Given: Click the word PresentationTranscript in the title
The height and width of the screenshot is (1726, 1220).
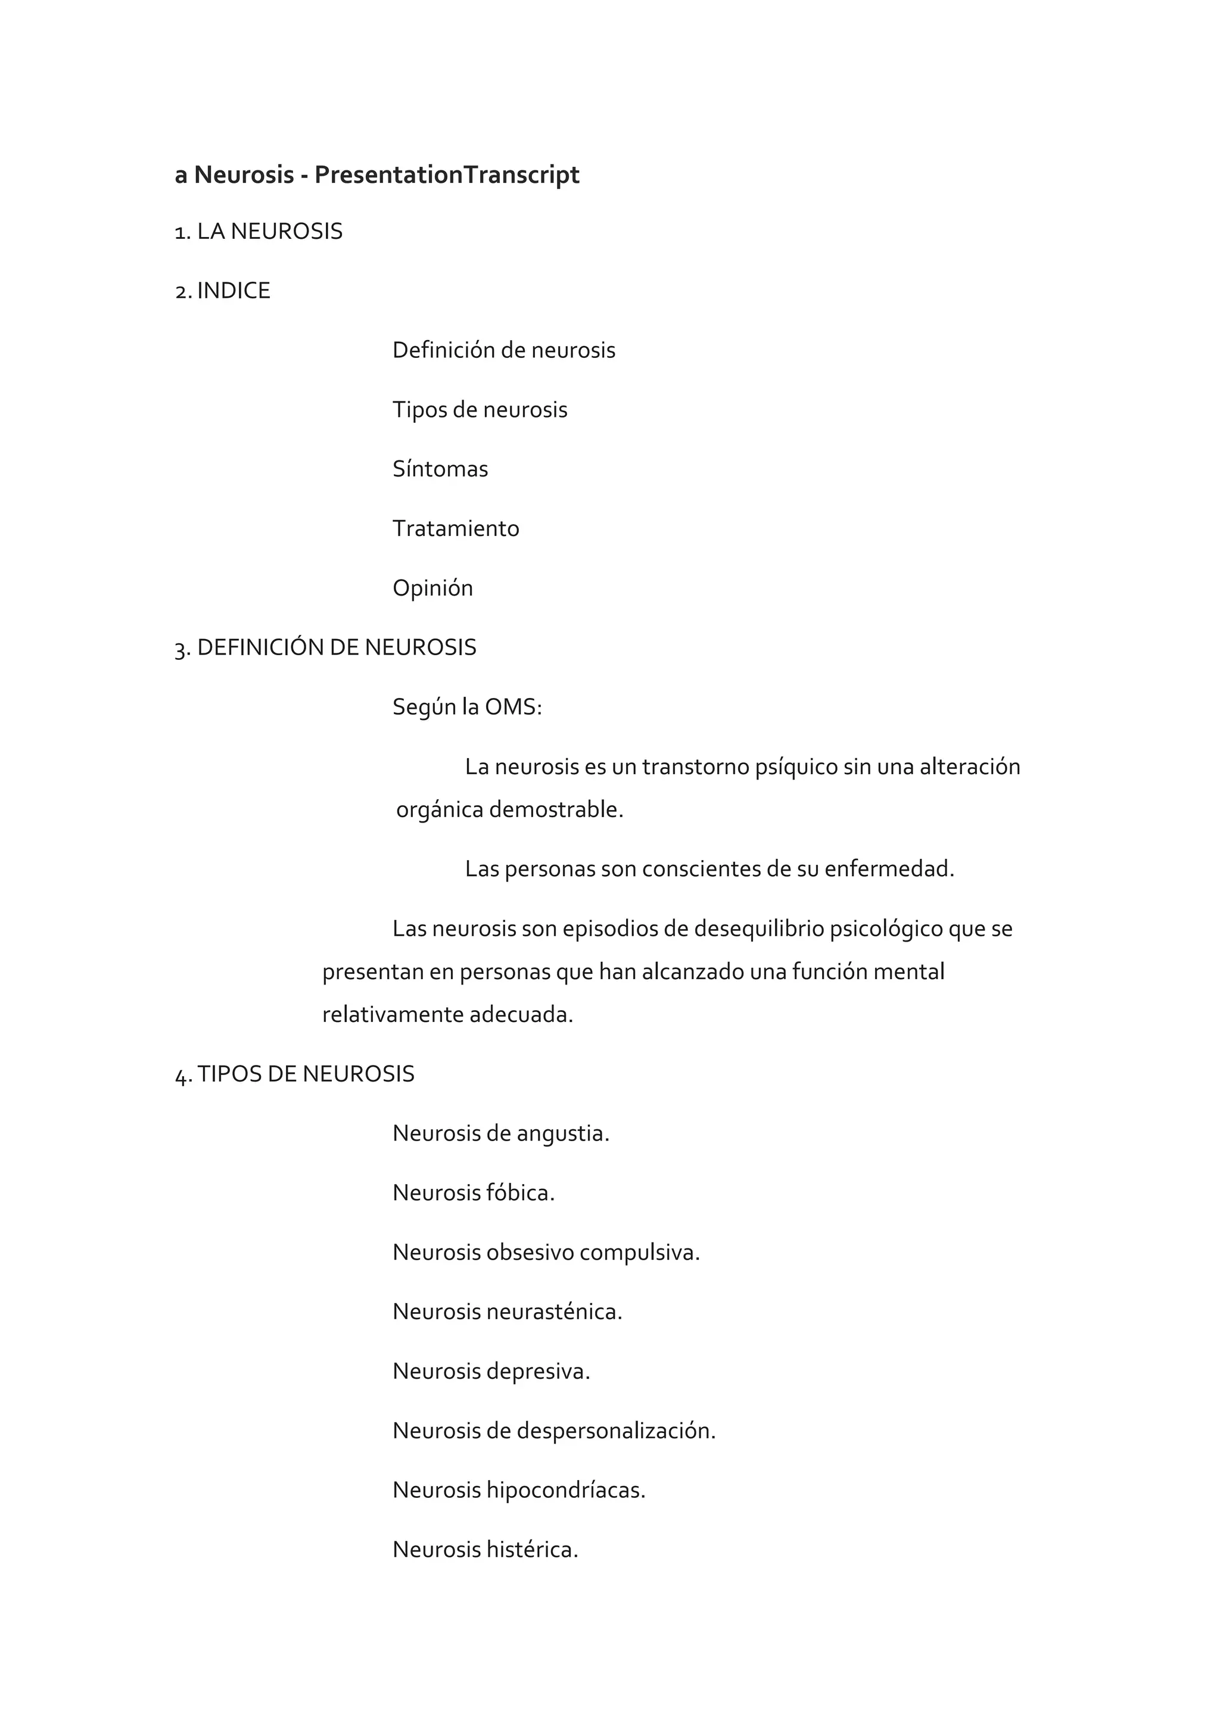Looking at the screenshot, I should (447, 175).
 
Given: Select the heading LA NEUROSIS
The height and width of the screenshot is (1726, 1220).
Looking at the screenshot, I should (269, 232).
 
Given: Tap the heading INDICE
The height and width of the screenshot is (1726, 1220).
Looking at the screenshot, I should (233, 291).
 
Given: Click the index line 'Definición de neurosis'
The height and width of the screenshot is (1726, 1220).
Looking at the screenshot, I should (503, 350).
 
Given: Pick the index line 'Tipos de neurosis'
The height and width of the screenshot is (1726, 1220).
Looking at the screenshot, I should (480, 410).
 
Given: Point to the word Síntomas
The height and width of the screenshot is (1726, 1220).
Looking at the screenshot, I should (440, 469).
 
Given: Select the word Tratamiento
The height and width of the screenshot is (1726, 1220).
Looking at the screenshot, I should (456, 528).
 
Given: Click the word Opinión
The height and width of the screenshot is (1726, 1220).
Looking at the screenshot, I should (432, 588).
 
